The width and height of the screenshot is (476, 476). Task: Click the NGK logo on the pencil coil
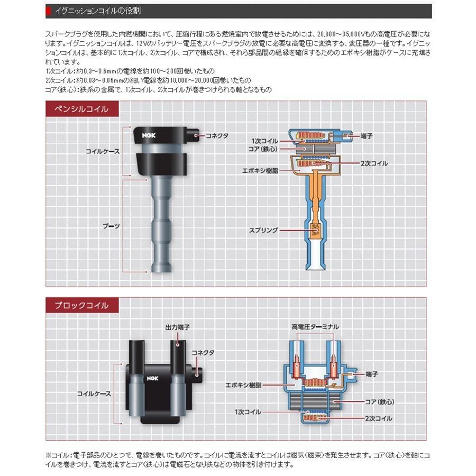coord(147,135)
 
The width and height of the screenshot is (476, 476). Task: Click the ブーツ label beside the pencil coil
coord(111,225)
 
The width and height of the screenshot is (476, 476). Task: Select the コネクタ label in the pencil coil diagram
coord(217,136)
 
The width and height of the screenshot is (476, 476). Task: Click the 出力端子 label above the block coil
coord(177,328)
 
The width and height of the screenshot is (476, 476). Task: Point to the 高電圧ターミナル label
coord(315,327)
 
